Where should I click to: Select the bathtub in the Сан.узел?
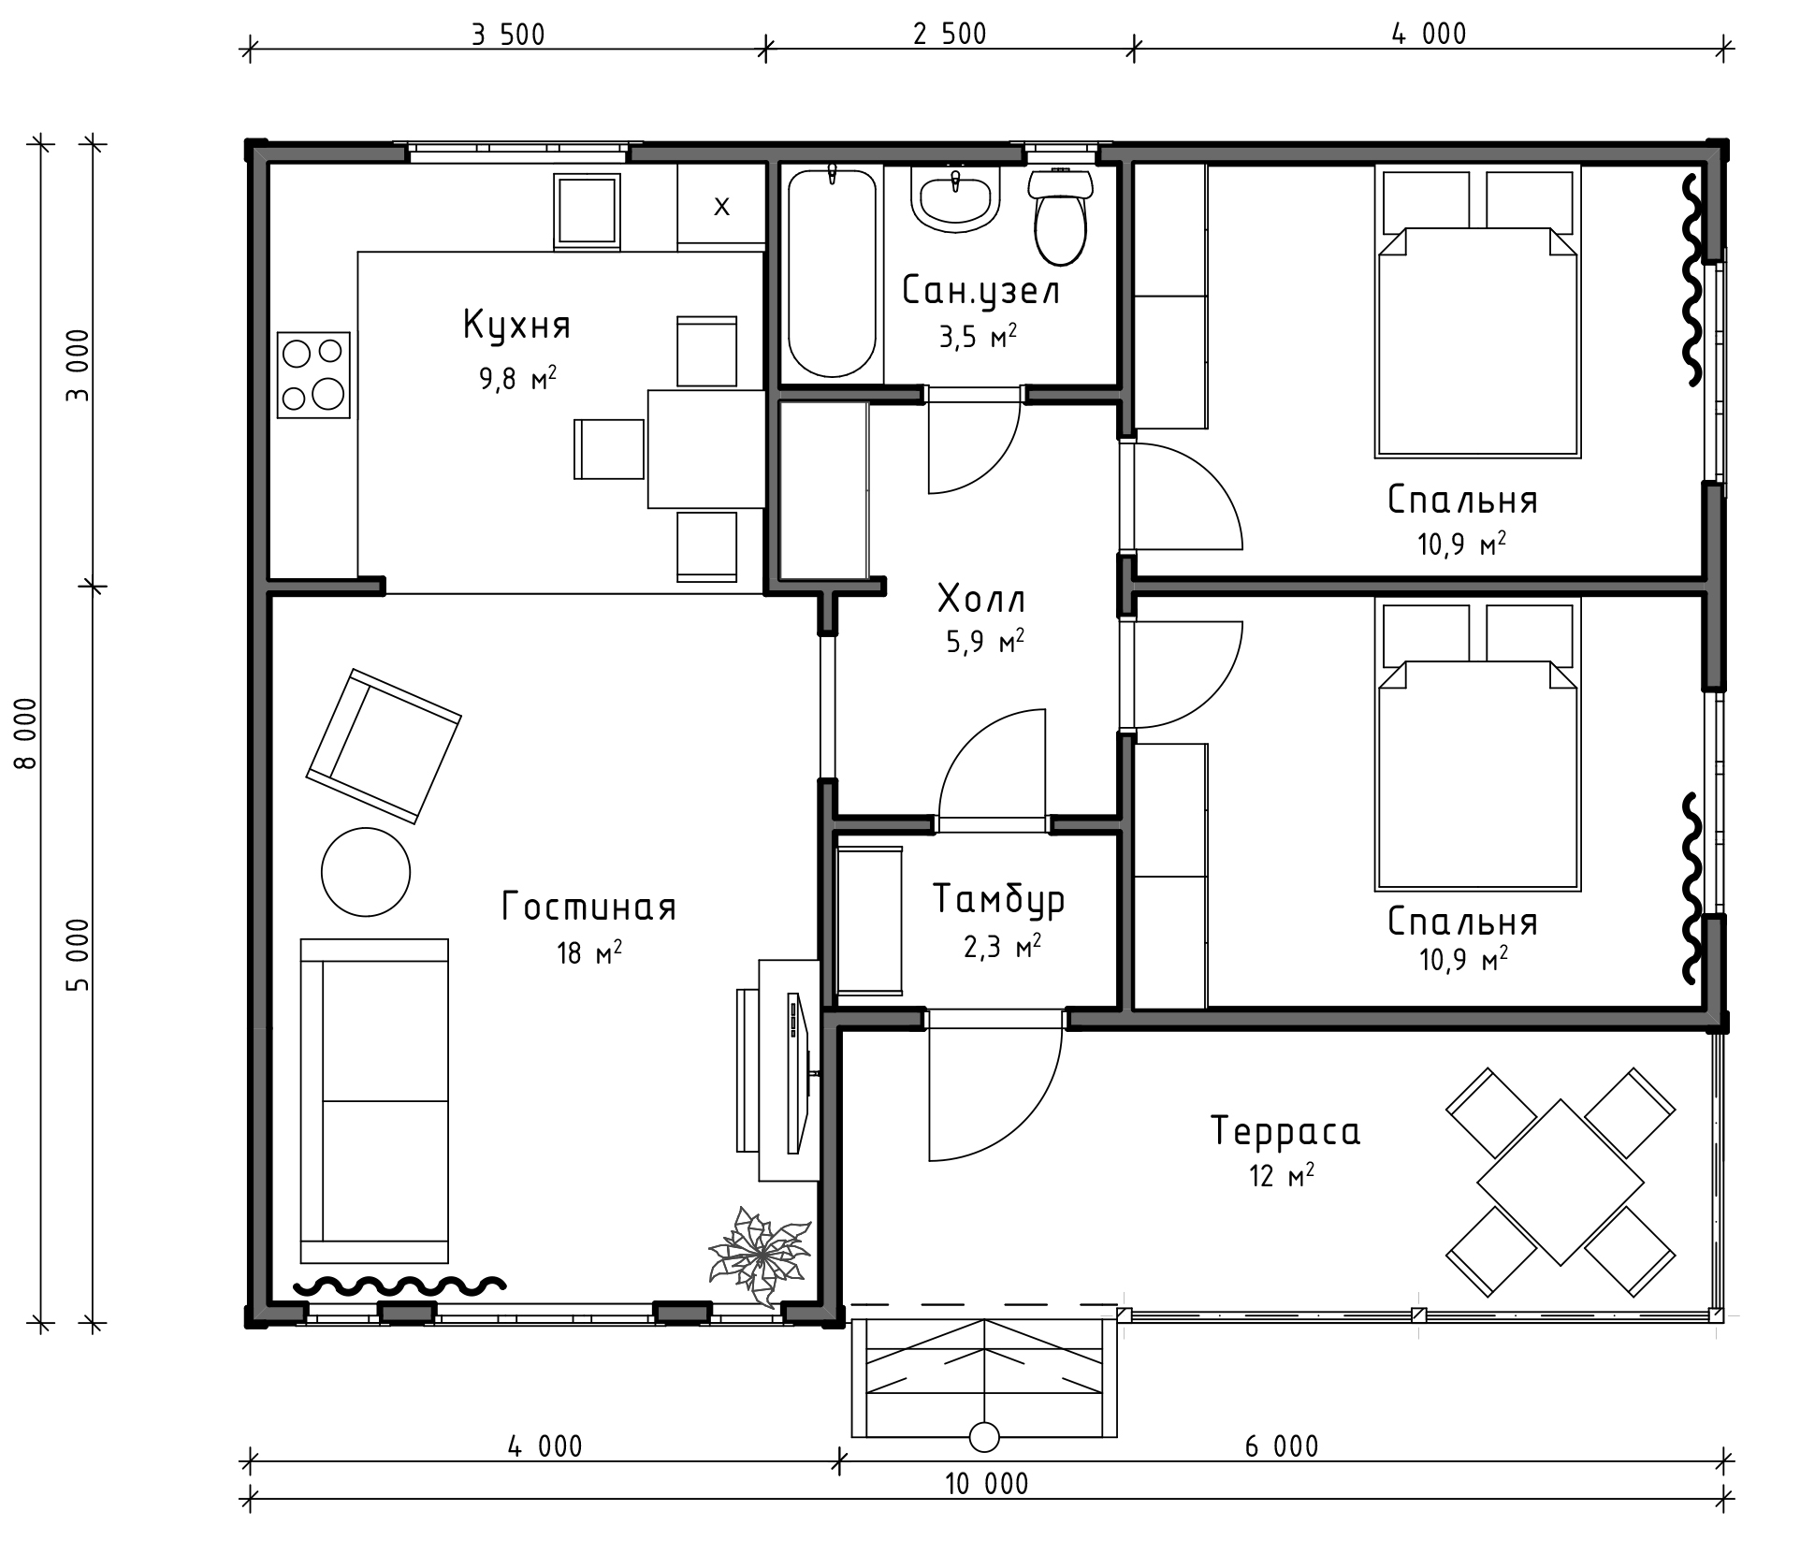[832, 273]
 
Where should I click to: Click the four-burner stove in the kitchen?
[313, 374]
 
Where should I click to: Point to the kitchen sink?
[588, 211]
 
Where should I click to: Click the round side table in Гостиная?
[366, 872]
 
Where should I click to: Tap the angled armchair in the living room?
[384, 746]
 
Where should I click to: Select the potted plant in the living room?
[759, 1256]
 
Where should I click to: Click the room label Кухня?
[516, 326]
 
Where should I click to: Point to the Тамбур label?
[999, 899]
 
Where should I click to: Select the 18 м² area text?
[589, 952]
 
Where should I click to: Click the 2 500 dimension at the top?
[950, 34]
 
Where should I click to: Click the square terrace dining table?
[1560, 1183]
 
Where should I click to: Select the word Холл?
[981, 599]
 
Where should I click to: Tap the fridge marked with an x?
[721, 206]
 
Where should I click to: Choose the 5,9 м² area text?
[985, 642]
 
